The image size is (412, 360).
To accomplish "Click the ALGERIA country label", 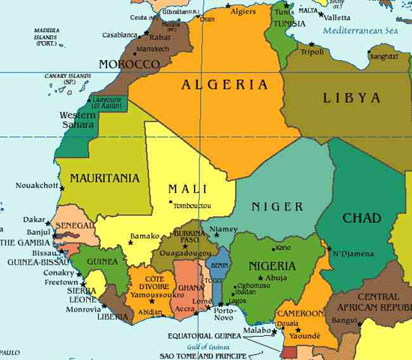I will tap(225, 85).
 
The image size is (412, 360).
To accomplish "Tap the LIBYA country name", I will tap(352, 98).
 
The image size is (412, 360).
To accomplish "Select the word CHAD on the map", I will tap(363, 219).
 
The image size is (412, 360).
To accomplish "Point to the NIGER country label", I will tap(277, 207).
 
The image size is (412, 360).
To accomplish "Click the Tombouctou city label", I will tap(192, 206).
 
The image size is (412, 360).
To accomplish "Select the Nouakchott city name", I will tap(37, 185).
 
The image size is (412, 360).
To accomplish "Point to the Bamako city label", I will tap(145, 237).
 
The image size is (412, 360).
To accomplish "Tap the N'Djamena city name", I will tap(353, 254).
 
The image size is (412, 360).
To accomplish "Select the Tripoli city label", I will tap(312, 52).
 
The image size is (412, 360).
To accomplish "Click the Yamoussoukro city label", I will tap(152, 295).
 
